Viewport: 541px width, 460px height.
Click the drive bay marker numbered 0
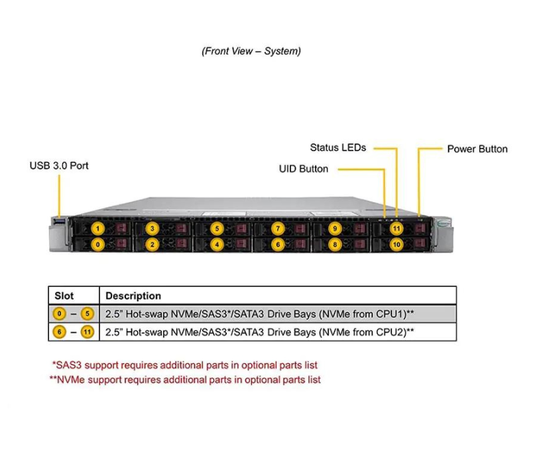click(x=98, y=245)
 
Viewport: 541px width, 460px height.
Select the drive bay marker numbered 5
click(x=217, y=229)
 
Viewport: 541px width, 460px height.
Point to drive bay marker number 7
click(x=278, y=229)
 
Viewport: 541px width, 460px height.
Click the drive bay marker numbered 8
click(x=335, y=245)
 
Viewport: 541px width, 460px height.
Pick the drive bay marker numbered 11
click(x=396, y=229)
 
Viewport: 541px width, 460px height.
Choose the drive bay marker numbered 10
click(x=396, y=245)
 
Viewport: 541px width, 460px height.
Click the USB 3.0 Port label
click(x=59, y=165)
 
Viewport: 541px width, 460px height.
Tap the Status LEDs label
click(x=337, y=147)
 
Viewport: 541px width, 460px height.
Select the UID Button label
click(x=303, y=169)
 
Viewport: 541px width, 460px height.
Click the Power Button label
click(x=477, y=149)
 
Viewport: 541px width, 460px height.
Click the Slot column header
click(x=64, y=296)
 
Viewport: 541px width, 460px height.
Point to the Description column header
click(x=133, y=296)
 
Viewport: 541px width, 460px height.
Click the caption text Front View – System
click(x=251, y=51)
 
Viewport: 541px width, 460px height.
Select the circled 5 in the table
click(x=87, y=314)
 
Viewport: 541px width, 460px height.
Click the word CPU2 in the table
click(x=390, y=331)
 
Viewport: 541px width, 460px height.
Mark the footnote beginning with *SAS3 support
click(x=185, y=365)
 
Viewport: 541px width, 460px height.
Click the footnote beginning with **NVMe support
click(x=185, y=380)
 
